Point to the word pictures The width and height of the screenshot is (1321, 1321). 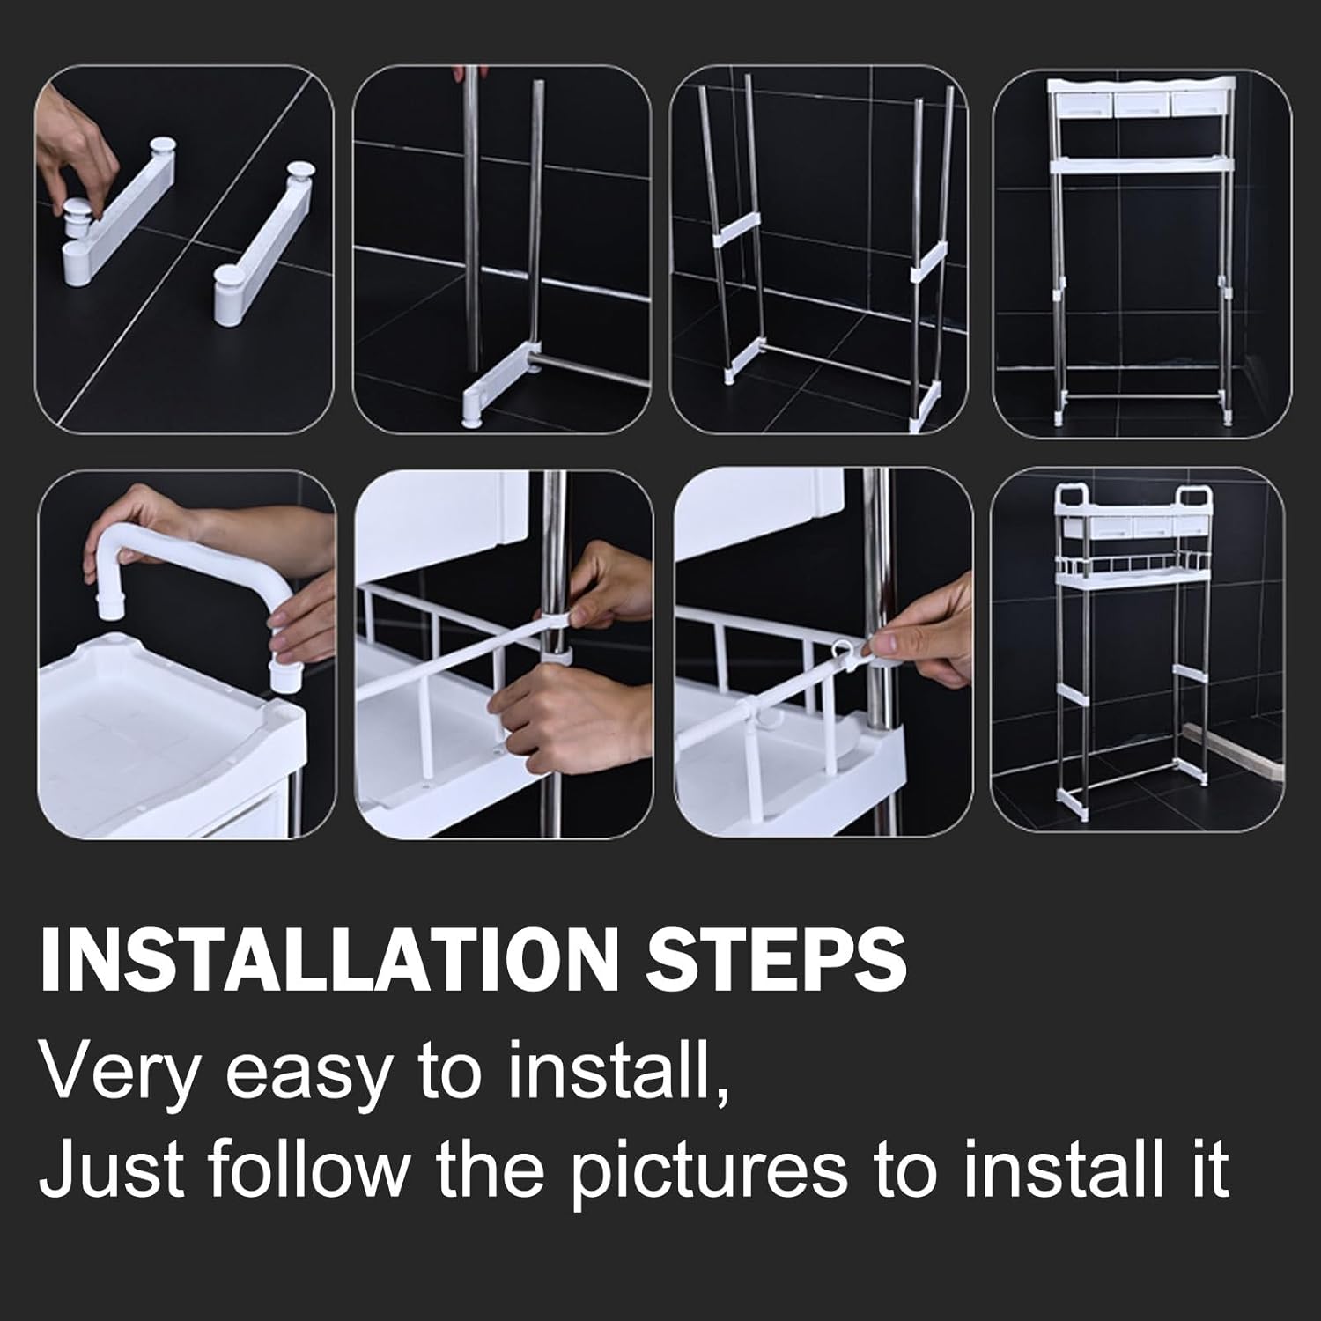(x=710, y=1171)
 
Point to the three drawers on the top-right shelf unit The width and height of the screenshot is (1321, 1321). (x=1141, y=104)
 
